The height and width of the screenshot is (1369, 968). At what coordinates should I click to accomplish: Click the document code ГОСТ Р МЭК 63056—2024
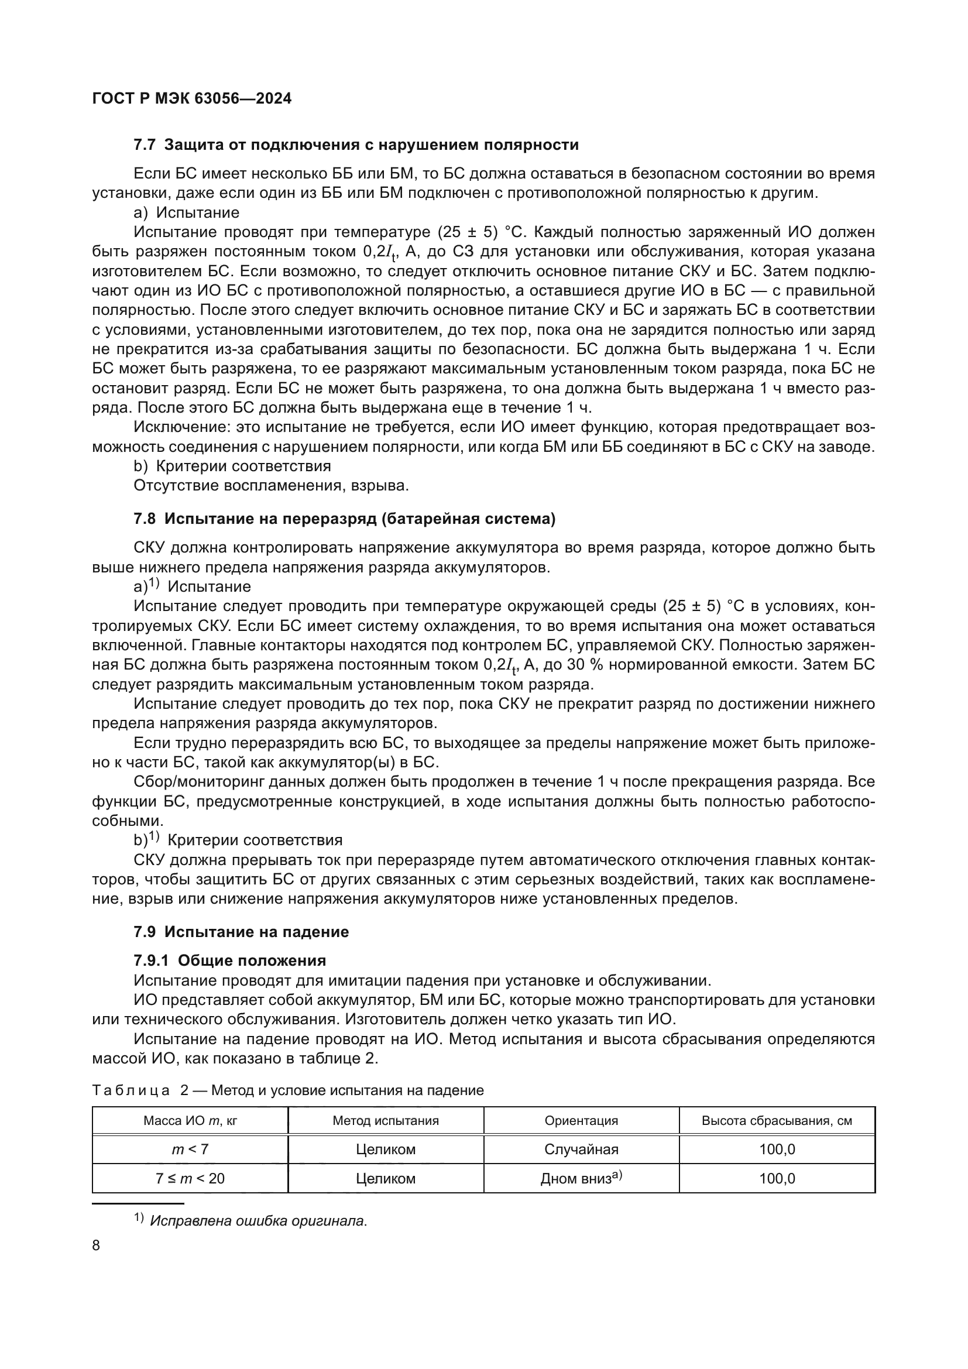click(x=192, y=99)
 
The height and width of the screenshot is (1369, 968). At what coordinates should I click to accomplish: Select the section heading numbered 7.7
click(x=356, y=145)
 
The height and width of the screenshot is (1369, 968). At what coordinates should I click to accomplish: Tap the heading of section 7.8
click(x=344, y=519)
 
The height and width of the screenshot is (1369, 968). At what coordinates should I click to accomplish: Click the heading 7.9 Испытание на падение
click(x=241, y=932)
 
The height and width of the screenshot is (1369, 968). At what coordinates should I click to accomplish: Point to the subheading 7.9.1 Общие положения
click(x=229, y=960)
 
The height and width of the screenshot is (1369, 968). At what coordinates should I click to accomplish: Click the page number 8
click(x=97, y=1246)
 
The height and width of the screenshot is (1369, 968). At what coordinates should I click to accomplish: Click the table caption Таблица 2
click(x=288, y=1090)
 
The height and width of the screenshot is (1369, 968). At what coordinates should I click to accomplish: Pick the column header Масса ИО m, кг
click(x=190, y=1121)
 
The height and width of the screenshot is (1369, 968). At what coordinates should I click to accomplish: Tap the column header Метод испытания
click(x=386, y=1121)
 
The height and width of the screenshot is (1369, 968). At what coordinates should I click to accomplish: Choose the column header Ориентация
click(x=581, y=1121)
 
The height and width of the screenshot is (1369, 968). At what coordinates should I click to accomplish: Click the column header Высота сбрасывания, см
click(x=777, y=1121)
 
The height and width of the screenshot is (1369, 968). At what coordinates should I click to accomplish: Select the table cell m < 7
click(x=190, y=1150)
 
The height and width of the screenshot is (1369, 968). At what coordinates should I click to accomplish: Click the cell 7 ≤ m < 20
click(x=190, y=1179)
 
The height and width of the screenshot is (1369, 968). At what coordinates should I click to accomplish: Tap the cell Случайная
click(x=581, y=1150)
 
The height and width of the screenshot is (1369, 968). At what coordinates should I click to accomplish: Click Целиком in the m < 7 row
click(x=386, y=1150)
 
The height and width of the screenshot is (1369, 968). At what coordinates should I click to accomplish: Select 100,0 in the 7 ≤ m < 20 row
click(x=777, y=1179)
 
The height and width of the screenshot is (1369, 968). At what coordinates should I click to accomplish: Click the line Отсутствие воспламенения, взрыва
click(x=271, y=485)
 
